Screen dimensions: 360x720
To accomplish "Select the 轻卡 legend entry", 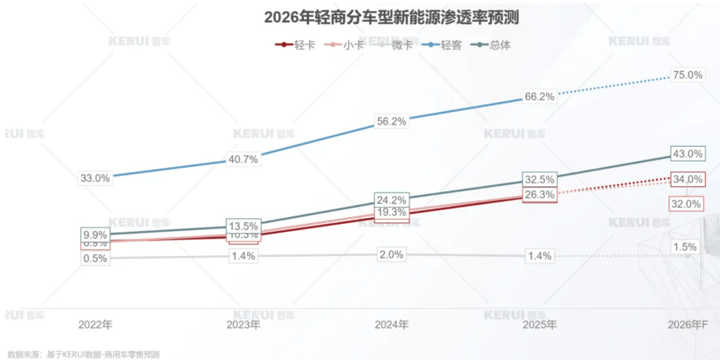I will (296, 45).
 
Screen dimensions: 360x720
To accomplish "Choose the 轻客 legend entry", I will (444, 45).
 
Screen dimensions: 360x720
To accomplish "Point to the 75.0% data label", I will (687, 75).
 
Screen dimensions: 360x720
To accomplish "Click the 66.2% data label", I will (540, 96).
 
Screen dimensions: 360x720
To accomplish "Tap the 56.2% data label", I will (391, 121).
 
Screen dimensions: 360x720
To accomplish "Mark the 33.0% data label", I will (95, 178).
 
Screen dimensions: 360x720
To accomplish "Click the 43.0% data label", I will (687, 154).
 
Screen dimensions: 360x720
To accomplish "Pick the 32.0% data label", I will (686, 204).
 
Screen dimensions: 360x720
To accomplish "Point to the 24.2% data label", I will (391, 200).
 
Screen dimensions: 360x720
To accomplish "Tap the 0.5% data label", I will (95, 258).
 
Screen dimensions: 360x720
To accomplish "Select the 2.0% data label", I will (391, 254).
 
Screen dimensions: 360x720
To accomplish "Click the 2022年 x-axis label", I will (95, 325).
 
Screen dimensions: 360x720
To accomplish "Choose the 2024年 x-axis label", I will (391, 325).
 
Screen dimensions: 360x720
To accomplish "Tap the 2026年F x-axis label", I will (688, 325).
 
